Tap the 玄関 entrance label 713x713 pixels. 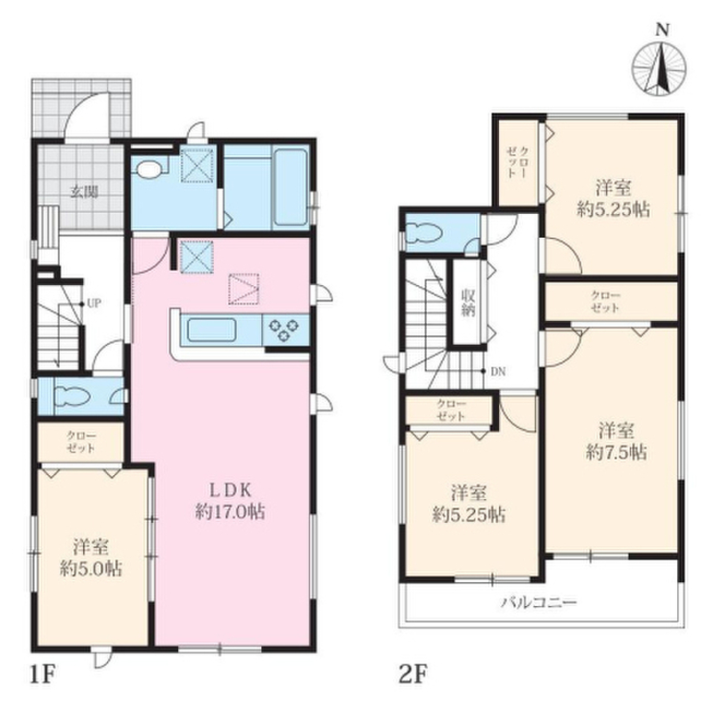84,193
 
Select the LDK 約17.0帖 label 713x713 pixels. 230,501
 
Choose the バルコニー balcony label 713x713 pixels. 539,603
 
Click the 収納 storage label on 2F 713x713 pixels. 468,302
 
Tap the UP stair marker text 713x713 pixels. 94,303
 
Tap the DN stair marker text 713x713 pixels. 498,372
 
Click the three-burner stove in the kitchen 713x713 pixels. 284,329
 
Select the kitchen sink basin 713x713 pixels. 211,330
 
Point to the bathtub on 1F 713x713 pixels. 291,187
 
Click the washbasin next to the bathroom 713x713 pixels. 149,169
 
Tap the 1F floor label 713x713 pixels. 42,675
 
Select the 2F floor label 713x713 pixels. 414,675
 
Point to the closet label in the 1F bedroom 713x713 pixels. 81,442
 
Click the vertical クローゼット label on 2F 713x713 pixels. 518,162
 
